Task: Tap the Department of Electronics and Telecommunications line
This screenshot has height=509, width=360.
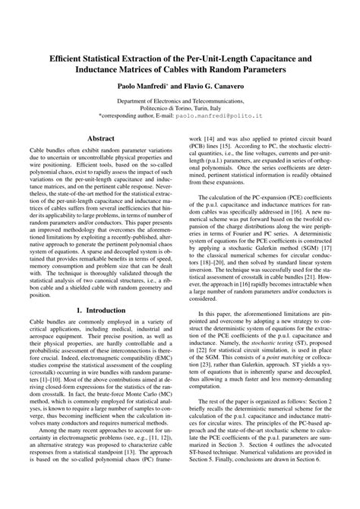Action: click(x=179, y=101)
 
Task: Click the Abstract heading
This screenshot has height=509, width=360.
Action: click(x=101, y=139)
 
